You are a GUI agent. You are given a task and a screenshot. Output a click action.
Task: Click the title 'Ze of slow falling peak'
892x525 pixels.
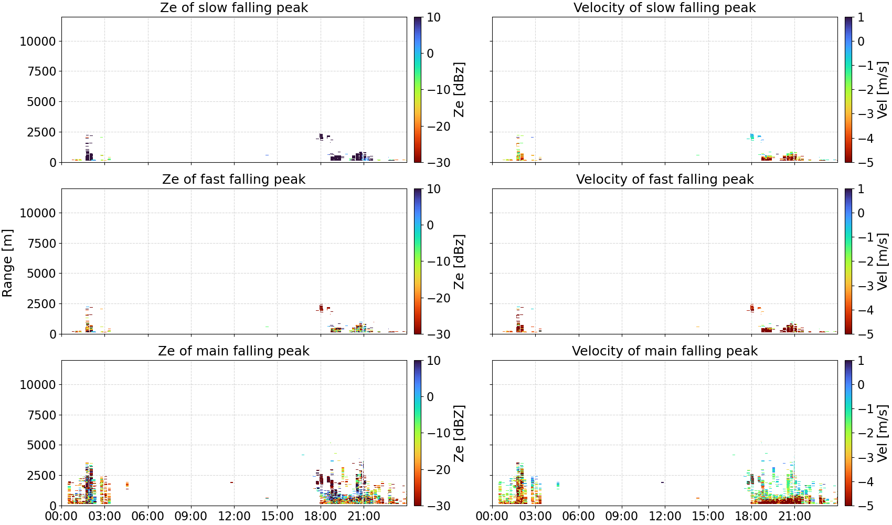[x=233, y=7]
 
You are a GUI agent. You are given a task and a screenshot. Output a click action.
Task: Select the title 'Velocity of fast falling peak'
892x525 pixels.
[x=665, y=179]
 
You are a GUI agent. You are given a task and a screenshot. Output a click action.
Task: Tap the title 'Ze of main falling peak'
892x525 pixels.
[x=233, y=351]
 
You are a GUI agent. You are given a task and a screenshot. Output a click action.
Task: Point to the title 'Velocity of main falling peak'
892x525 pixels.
[x=665, y=351]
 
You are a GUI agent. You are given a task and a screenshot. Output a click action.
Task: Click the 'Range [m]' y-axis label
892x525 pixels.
[x=7, y=263]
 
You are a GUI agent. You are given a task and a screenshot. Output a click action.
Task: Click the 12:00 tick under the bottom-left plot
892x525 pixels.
[x=234, y=516]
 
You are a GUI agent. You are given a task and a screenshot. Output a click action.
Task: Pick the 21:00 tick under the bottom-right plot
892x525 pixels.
[x=794, y=516]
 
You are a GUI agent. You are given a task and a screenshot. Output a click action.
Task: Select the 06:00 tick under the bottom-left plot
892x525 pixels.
[x=148, y=516]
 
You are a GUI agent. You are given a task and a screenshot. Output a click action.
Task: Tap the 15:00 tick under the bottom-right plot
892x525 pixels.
[x=708, y=516]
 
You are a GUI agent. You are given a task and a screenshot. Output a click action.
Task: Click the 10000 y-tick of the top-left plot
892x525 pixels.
[x=38, y=41]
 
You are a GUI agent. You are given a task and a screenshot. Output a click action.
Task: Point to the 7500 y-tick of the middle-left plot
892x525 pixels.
[x=41, y=243]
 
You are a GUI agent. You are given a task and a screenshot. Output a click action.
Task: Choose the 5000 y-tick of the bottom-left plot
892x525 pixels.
[x=41, y=445]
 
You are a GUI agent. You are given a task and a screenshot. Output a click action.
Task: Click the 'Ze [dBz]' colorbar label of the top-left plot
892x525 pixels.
[x=459, y=90]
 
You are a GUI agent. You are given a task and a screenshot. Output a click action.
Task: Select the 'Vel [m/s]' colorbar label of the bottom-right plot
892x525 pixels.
[x=883, y=433]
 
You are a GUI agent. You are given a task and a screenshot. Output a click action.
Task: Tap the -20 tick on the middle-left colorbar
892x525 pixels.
[x=439, y=298]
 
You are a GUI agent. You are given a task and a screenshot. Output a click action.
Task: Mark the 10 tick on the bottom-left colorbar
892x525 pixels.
[x=434, y=361]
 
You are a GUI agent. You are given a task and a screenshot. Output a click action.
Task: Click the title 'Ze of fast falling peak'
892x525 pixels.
[x=233, y=179]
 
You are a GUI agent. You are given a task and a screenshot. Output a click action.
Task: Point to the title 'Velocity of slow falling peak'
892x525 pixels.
[x=665, y=7]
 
